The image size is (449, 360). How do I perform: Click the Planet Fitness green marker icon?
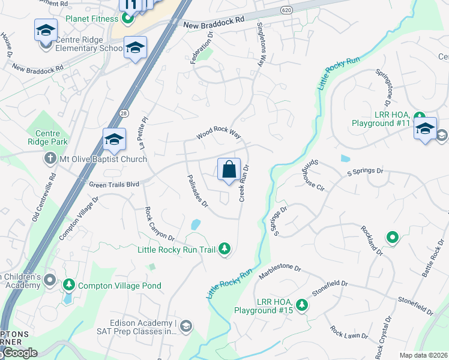click(x=127, y=19)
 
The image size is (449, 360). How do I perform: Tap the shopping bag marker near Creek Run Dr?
click(x=229, y=170)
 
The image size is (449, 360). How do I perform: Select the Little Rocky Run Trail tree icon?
click(x=224, y=248)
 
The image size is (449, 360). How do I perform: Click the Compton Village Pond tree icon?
click(x=70, y=286)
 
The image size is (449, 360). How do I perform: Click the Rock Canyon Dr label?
click(x=158, y=224)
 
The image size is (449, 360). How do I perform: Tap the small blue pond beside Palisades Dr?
click(x=195, y=225)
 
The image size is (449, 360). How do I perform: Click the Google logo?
click(x=19, y=353)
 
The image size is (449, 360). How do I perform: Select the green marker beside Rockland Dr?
click(x=393, y=238)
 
